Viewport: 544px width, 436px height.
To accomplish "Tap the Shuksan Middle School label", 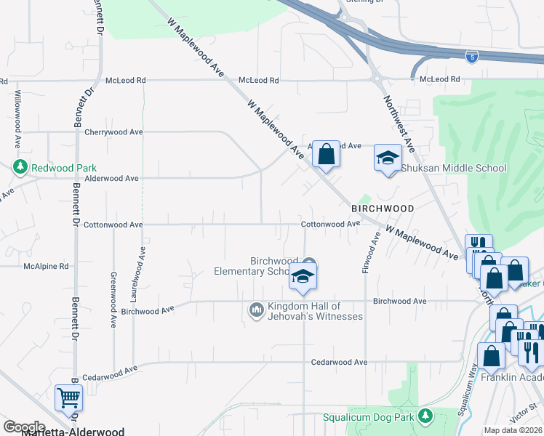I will click(454, 169).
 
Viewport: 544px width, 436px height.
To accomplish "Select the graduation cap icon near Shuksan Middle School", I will click(388, 158).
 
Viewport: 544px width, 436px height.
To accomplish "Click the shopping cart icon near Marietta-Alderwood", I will click(68, 397).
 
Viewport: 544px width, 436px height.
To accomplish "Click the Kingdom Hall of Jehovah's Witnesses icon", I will click(255, 310).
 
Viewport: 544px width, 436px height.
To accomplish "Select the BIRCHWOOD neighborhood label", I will click(383, 209).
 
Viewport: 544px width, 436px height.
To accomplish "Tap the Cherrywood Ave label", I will click(113, 132).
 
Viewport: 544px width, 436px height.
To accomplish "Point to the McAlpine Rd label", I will click(45, 267).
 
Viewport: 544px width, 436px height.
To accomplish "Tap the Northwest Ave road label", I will click(399, 124).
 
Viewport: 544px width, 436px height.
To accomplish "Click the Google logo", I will click(24, 427).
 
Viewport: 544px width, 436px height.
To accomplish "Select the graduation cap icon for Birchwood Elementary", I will click(303, 276).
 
